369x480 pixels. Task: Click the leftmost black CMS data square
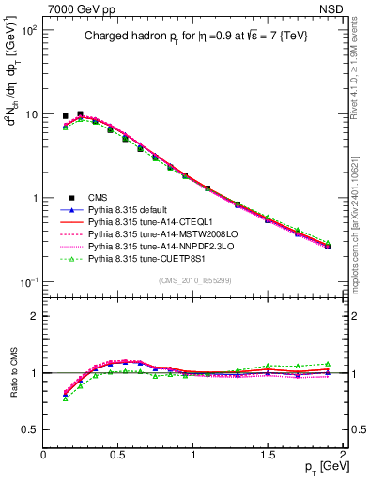pos(65,116)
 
